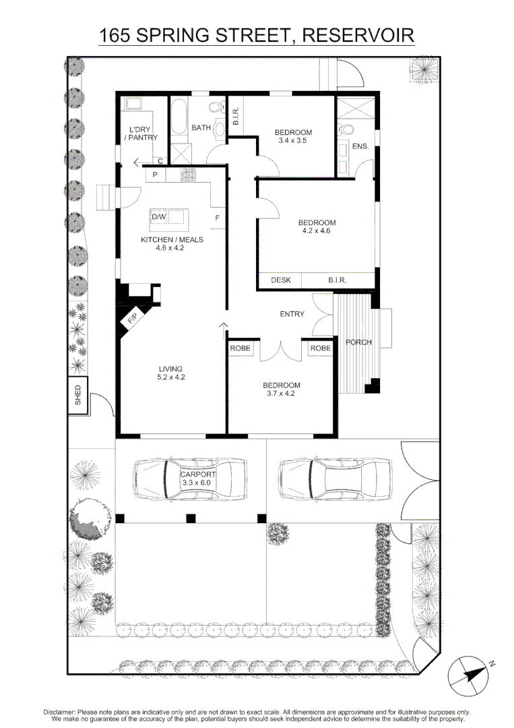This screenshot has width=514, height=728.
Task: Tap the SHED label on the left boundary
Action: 78,396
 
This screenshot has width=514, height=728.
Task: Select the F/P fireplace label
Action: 133,317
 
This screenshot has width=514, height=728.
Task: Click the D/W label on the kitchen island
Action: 158,217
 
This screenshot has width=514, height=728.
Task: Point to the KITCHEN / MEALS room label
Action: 171,239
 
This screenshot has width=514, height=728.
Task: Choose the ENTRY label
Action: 292,314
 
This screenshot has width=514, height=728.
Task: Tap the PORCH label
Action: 358,342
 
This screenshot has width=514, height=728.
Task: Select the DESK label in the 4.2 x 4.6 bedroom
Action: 280,280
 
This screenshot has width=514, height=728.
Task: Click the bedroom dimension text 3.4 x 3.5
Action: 293,142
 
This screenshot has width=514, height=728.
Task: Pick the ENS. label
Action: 360,146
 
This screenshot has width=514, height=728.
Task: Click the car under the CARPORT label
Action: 189,479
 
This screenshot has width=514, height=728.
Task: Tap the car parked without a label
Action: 334,479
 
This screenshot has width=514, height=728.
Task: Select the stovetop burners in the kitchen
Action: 188,175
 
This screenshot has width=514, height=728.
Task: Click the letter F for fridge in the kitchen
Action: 217,218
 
